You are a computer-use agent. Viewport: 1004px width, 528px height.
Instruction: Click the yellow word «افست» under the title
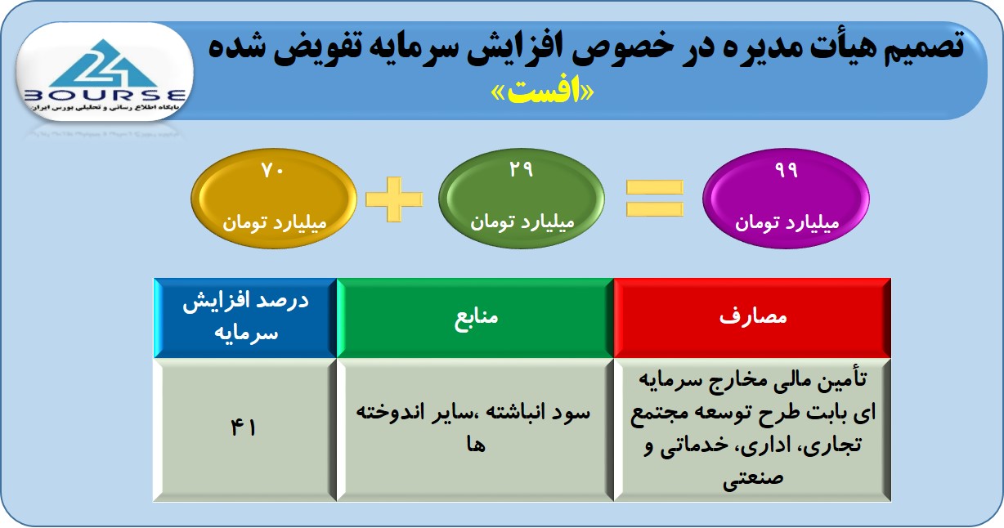(542, 92)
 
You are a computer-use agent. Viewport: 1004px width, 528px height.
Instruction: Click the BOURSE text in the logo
(105, 95)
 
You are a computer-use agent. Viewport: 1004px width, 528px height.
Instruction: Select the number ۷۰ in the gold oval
(273, 170)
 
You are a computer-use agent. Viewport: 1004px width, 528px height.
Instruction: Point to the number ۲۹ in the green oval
(521, 169)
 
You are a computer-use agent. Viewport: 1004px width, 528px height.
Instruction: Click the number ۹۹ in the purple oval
(787, 170)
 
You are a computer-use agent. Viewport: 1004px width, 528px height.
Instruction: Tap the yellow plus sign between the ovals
(394, 199)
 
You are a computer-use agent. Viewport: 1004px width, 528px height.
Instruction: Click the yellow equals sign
(655, 198)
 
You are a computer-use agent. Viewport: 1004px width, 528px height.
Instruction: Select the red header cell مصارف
(752, 318)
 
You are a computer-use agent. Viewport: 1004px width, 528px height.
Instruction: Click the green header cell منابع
(475, 318)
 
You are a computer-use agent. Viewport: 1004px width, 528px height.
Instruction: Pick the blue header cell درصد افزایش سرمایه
(245, 318)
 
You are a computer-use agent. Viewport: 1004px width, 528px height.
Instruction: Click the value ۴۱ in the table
(244, 427)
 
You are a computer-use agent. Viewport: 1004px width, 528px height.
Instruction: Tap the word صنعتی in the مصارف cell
(753, 478)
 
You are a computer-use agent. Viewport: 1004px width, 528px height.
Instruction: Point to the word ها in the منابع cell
(476, 445)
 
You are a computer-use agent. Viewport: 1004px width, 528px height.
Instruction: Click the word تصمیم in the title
(924, 47)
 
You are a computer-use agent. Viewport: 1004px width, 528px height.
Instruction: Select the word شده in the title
(236, 47)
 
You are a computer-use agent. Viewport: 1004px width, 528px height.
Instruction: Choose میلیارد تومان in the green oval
(522, 222)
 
